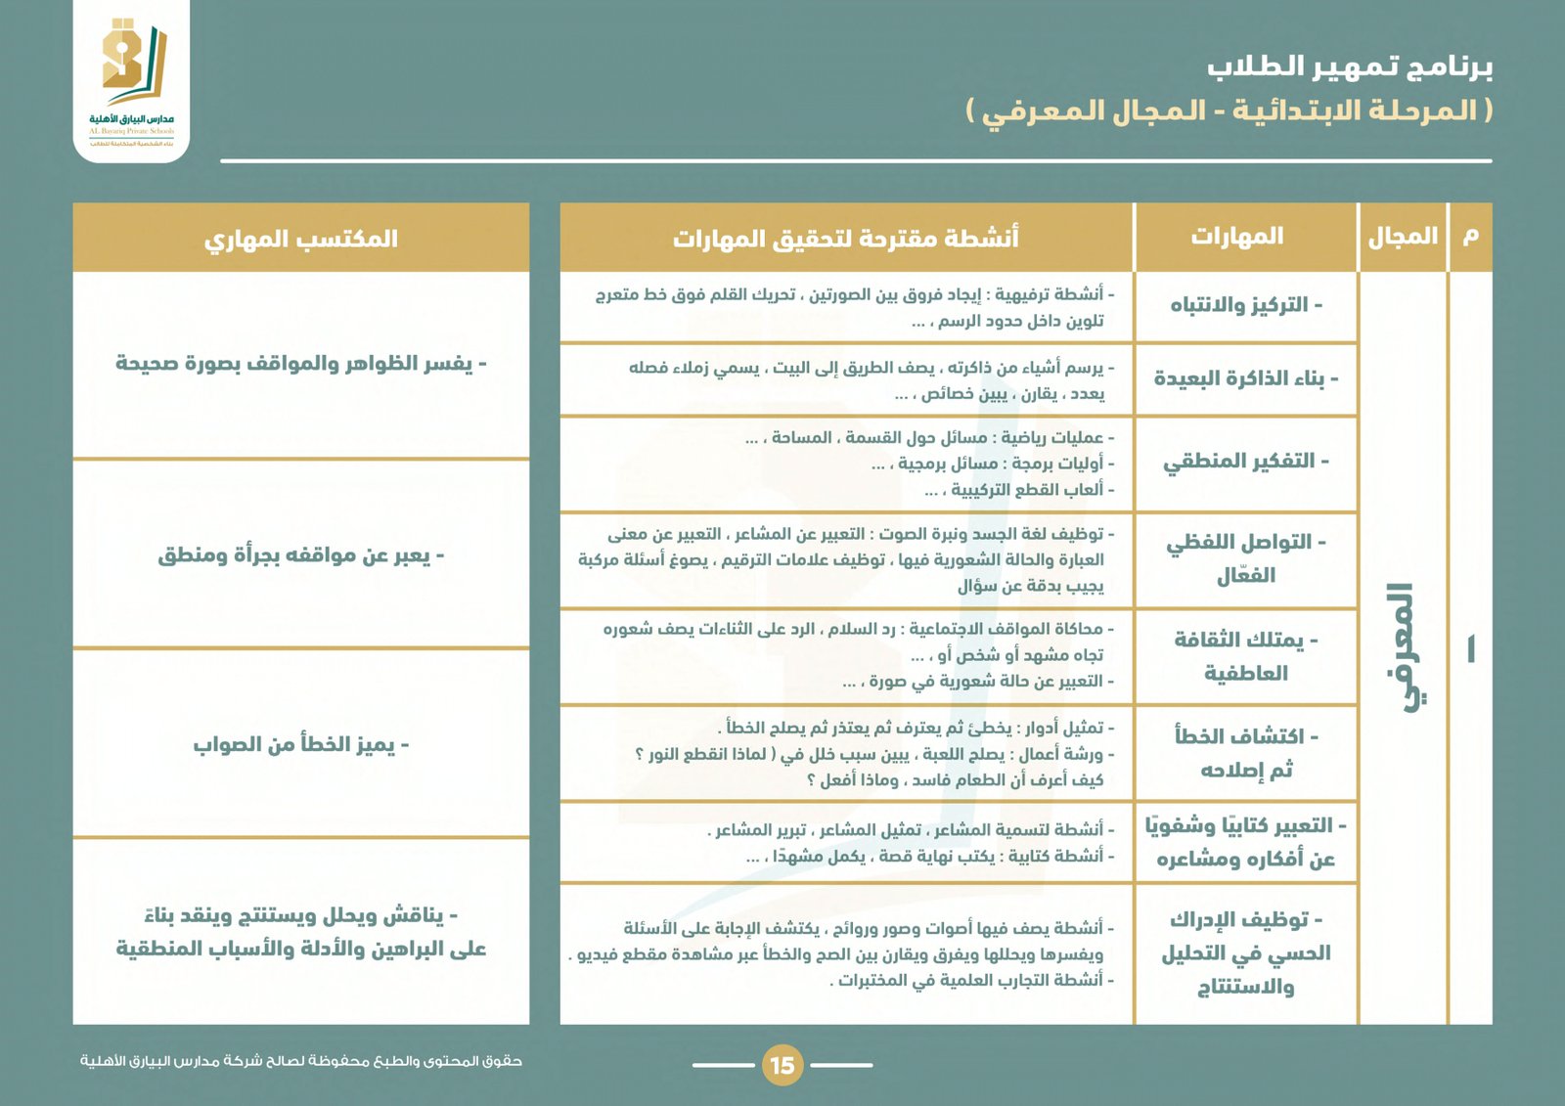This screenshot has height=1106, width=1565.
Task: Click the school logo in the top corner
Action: pyautogui.click(x=132, y=80)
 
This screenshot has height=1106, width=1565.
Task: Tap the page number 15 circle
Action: pyautogui.click(x=782, y=1065)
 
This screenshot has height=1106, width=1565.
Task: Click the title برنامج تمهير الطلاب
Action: pyautogui.click(x=1350, y=66)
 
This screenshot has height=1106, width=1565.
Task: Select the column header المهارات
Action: pyautogui.click(x=1237, y=237)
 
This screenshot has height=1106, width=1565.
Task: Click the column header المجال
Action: pyautogui.click(x=1403, y=237)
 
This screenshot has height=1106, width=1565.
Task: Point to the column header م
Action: pyautogui.click(x=1470, y=237)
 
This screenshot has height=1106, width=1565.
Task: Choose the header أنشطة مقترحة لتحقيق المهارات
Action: pyautogui.click(x=846, y=238)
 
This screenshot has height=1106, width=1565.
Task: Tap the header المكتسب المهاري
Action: pyautogui.click(x=301, y=239)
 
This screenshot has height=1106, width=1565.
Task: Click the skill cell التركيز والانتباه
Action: pyautogui.click(x=1246, y=305)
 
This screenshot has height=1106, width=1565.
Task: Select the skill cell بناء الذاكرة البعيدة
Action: pyautogui.click(x=1246, y=378)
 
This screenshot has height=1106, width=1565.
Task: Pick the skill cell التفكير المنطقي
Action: pyautogui.click(x=1246, y=462)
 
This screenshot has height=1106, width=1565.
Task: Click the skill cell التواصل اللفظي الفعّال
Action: pyautogui.click(x=1246, y=558)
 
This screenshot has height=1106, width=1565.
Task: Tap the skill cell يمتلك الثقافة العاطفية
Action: pyautogui.click(x=1246, y=656)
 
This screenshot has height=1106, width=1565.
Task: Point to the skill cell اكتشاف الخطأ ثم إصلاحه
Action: pyautogui.click(x=1246, y=753)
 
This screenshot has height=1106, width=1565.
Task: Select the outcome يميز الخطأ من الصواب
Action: pyautogui.click(x=301, y=745)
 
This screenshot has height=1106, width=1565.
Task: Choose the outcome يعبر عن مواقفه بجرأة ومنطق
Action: pyautogui.click(x=301, y=555)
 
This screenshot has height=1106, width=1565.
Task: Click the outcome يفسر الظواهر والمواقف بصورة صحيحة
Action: pyautogui.click(x=301, y=364)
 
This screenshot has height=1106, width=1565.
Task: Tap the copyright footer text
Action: pyautogui.click(x=301, y=1061)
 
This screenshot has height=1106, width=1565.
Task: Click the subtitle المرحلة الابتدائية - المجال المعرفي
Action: pyautogui.click(x=1230, y=111)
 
